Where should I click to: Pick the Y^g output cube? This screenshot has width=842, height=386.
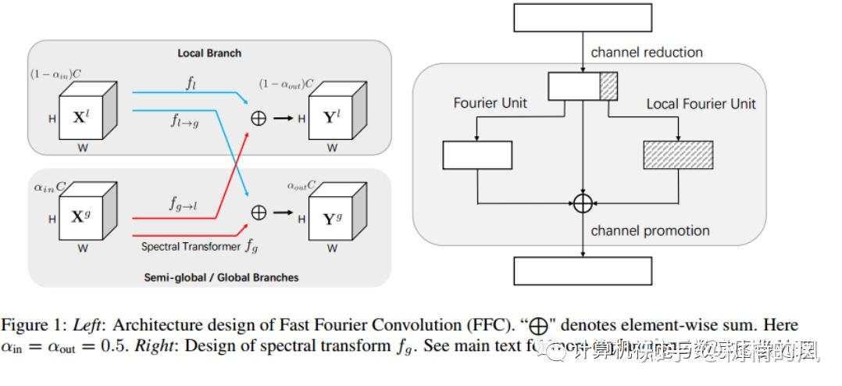pos(332,219)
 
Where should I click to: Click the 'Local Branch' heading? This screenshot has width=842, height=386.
pos(209,53)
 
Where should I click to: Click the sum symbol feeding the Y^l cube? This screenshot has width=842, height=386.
pos(258,119)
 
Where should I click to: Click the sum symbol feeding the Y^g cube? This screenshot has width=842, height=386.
pos(258,213)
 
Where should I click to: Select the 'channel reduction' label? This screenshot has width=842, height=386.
pos(647,52)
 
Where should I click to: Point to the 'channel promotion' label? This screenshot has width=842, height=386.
pos(650,231)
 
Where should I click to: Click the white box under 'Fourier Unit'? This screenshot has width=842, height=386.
pos(477,155)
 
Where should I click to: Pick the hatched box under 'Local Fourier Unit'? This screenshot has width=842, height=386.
pos(678,155)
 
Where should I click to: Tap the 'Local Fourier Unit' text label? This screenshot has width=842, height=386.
pos(701,103)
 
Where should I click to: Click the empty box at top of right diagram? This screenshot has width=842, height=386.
pos(582,18)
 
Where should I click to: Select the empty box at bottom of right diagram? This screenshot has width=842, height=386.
pos(582,270)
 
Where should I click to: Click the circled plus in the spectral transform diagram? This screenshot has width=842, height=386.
pos(583,203)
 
